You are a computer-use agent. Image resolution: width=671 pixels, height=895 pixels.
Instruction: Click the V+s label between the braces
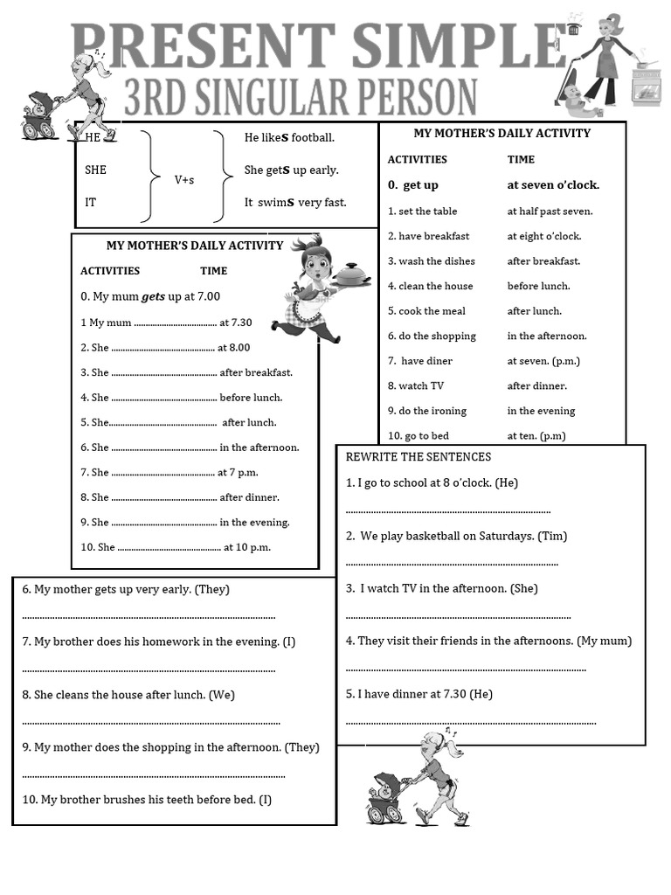pos(184,180)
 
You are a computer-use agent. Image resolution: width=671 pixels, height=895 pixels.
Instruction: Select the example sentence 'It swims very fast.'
pos(295,203)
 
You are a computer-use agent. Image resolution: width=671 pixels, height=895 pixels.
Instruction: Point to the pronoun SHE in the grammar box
pos(95,170)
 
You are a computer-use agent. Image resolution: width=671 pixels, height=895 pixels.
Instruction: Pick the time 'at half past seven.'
pos(550,212)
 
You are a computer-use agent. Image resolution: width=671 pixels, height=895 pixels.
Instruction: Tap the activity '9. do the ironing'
pos(427,411)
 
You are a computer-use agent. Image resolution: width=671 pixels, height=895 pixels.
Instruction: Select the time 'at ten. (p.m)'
pos(536,436)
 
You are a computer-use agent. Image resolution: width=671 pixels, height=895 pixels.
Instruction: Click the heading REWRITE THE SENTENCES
pos(419,457)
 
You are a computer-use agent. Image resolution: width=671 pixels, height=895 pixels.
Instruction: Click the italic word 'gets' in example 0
pos(153,297)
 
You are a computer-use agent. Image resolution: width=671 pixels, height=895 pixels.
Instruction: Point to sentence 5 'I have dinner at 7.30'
pos(419,694)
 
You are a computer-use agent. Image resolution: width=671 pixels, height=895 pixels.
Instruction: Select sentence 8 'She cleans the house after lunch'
pos(128,695)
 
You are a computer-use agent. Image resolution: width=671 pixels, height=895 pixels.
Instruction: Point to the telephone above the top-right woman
pos(574,25)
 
